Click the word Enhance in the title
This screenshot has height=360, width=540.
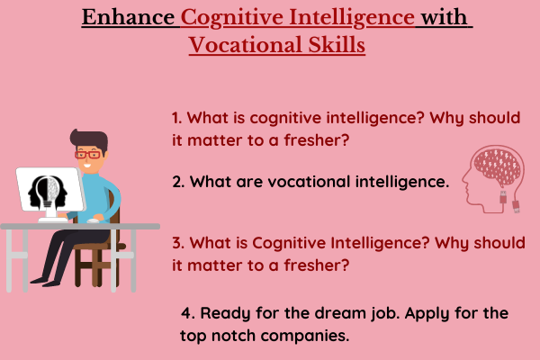click(x=128, y=17)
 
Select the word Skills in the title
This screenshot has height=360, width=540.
click(x=337, y=45)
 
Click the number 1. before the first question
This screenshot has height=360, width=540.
click(x=177, y=118)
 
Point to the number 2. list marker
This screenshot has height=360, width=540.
click(x=179, y=182)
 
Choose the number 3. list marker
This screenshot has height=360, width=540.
click(x=179, y=243)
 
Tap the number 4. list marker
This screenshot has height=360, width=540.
click(x=188, y=313)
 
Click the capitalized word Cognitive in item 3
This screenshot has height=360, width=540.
click(x=289, y=243)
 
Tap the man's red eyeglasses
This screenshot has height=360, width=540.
click(x=88, y=154)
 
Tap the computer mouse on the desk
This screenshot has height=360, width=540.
click(x=93, y=220)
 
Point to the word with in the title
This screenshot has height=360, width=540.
click(x=444, y=17)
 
